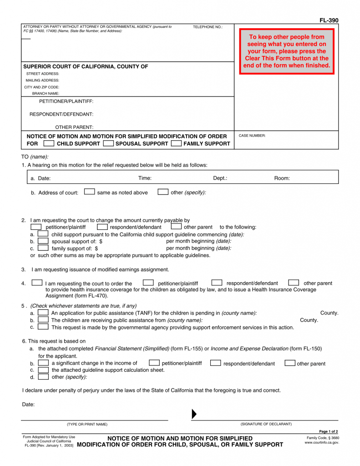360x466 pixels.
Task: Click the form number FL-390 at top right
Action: pyautogui.click(x=329, y=20)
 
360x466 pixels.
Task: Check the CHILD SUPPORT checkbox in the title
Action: pyautogui.click(x=49, y=143)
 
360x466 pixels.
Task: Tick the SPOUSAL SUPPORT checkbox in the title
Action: pyautogui.click(x=108, y=143)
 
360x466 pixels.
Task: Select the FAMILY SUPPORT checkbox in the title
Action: pyautogui.click(x=176, y=143)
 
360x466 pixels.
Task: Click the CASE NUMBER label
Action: pyautogui.click(x=252, y=136)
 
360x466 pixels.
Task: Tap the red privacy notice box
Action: pyautogui.click(x=287, y=51)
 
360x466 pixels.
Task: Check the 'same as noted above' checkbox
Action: pyautogui.click(x=90, y=192)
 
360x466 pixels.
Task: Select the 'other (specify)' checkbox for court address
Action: pyautogui.click(x=163, y=192)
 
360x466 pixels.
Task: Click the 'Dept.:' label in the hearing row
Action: pyautogui.click(x=220, y=178)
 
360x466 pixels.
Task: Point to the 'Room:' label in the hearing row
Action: pyautogui.click(x=282, y=178)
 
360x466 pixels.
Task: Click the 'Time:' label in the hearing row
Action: pyautogui.click(x=145, y=178)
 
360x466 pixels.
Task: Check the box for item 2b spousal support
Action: pyautogui.click(x=43, y=241)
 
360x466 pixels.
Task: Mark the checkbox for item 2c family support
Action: pyautogui.click(x=43, y=248)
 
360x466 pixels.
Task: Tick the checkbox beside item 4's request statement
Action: pyautogui.click(x=37, y=283)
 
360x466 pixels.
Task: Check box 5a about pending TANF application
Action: pyautogui.click(x=43, y=313)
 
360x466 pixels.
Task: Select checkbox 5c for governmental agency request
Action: pyautogui.click(x=43, y=327)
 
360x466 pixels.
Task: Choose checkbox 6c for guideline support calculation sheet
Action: pyautogui.click(x=43, y=370)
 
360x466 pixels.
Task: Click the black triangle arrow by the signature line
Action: pyautogui.click(x=194, y=414)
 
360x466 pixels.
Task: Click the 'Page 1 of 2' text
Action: pyautogui.click(x=328, y=431)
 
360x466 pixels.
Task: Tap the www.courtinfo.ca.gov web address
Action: pyautogui.click(x=322, y=442)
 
